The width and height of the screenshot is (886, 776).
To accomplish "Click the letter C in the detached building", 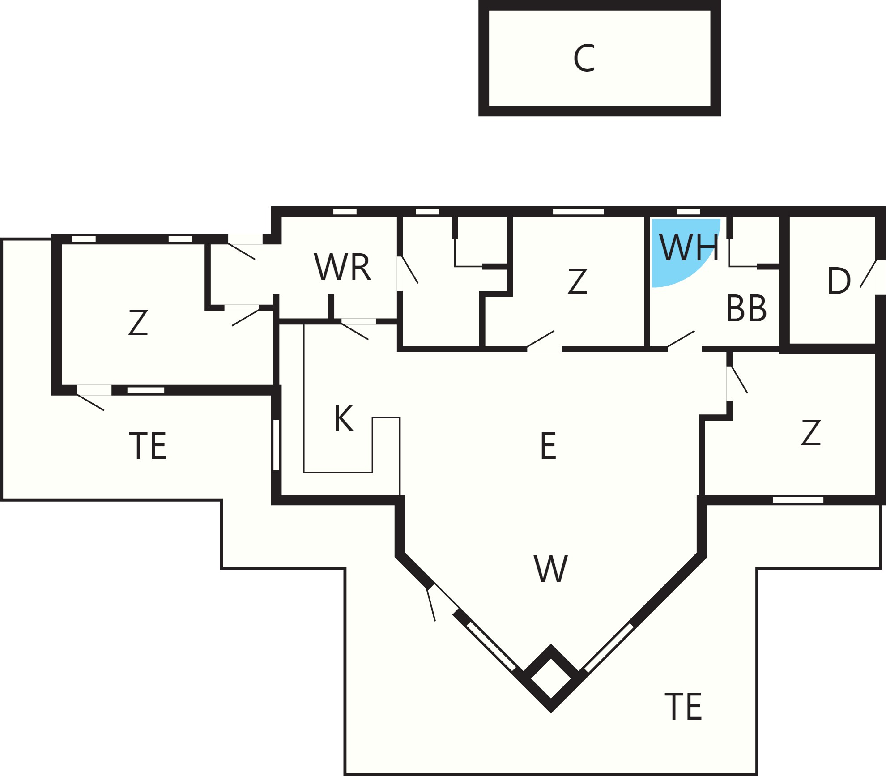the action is click(x=584, y=58).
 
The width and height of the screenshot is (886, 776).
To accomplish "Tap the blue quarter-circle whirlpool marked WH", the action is click(x=680, y=251).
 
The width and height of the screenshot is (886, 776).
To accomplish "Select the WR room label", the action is click(x=342, y=268).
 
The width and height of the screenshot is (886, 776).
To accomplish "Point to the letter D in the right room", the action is click(x=839, y=281).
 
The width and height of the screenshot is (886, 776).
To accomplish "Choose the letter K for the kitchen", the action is click(x=344, y=418).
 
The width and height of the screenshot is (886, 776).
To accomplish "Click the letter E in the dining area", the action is click(x=548, y=445).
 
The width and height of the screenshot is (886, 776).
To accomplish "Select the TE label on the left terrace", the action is click(x=148, y=445).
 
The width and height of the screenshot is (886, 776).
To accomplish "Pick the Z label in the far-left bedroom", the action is click(x=138, y=322).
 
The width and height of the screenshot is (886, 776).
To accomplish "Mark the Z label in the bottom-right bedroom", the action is click(x=811, y=432).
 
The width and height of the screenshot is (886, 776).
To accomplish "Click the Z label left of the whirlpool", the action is click(x=577, y=281).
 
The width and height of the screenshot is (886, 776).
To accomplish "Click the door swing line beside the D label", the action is click(x=868, y=273).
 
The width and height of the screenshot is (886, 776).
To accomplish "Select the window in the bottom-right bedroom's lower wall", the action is click(x=798, y=500).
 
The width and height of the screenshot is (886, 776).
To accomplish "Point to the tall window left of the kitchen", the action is click(x=276, y=445).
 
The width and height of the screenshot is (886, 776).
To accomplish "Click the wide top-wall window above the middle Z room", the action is click(x=578, y=212).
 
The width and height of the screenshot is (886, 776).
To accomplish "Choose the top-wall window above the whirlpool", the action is click(x=688, y=212).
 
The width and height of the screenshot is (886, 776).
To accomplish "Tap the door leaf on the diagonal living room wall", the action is click(x=431, y=605).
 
